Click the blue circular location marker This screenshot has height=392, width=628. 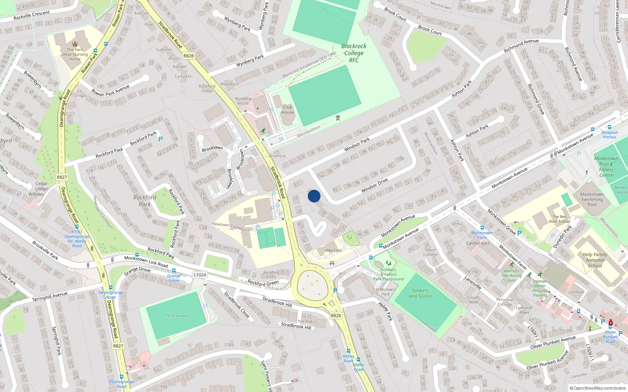pyautogui.click(x=314, y=196)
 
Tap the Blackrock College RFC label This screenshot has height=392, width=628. pyautogui.click(x=354, y=53)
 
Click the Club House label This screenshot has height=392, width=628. pyautogui.click(x=288, y=109)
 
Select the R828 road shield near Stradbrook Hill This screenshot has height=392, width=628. pyautogui.click(x=336, y=316)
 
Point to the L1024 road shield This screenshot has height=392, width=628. pyautogui.click(x=200, y=275)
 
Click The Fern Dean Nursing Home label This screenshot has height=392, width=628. pyautogui.click(x=75, y=54)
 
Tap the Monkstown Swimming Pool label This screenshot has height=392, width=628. pyautogui.click(x=592, y=199)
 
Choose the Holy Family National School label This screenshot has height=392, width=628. pyautogui.click(x=595, y=260)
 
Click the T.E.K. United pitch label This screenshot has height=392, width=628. pyautogui.click(x=176, y=316)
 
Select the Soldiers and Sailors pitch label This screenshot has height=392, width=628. pyautogui.click(x=420, y=293)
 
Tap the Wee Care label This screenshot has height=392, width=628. pyautogui.click(x=334, y=250)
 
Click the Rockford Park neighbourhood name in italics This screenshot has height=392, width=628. pyautogui.click(x=145, y=201)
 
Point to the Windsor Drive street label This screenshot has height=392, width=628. pyautogui.click(x=374, y=185)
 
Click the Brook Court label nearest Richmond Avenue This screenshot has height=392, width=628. pyautogui.click(x=430, y=30)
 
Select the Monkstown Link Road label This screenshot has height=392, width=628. pyautogui.click(x=146, y=261)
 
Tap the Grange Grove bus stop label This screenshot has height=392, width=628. pyautogui.click(x=174, y=278)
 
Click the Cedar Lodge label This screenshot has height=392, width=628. pyautogui.click(x=42, y=186)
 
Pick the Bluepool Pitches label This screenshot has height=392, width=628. pyautogui.click(x=610, y=134)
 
